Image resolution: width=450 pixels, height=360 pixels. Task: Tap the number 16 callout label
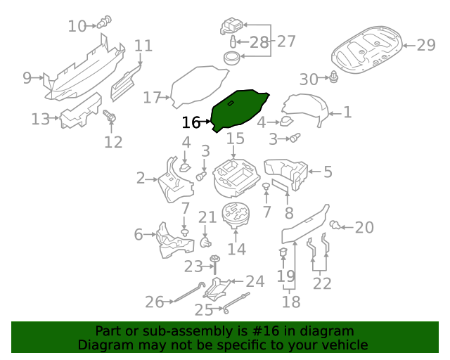(x=191, y=123)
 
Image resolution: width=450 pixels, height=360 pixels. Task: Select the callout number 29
(x=426, y=46)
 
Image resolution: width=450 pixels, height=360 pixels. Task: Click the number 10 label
(x=77, y=27)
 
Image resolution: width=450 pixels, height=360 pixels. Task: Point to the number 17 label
(x=152, y=98)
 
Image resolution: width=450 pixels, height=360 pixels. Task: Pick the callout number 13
(x=40, y=119)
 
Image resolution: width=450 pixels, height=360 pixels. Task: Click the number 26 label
(x=154, y=302)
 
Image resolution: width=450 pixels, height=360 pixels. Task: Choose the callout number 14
(x=236, y=249)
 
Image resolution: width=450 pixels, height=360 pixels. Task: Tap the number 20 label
(x=364, y=227)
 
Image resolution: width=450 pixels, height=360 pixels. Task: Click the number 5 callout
(x=328, y=172)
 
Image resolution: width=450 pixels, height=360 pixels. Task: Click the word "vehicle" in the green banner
(x=342, y=345)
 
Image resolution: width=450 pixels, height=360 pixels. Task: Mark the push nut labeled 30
(x=335, y=77)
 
